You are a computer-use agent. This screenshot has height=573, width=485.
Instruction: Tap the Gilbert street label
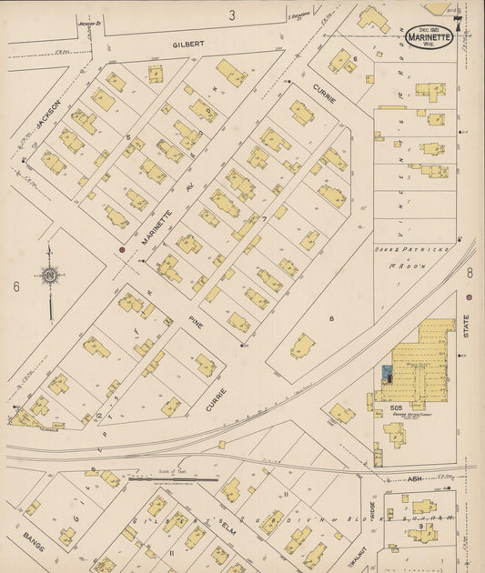(189, 43)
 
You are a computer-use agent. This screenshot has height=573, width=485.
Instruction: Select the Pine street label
(196, 321)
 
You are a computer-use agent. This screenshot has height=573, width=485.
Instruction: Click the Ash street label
(414, 477)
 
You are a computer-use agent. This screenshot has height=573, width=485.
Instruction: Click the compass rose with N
(48, 275)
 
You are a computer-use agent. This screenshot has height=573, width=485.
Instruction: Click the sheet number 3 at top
(232, 15)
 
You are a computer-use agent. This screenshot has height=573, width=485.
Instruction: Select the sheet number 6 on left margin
(16, 286)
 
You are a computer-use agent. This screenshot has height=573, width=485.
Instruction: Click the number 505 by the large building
(370, 408)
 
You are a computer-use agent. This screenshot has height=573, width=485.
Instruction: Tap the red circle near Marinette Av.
(121, 248)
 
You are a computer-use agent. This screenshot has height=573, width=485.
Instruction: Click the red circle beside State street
(469, 297)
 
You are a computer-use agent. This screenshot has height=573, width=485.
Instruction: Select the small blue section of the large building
(388, 373)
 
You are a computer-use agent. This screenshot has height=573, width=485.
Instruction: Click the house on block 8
(302, 346)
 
